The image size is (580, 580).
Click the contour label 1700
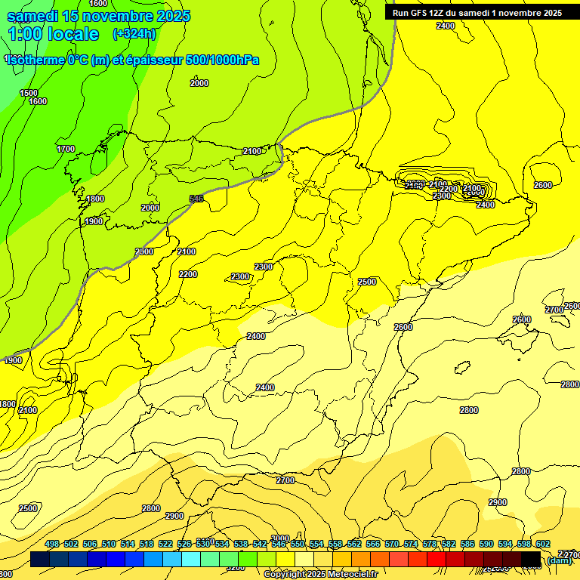tap(66, 149)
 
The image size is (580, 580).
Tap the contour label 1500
tap(29, 93)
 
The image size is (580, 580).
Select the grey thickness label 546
tap(196, 199)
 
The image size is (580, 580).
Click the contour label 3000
tap(280, 538)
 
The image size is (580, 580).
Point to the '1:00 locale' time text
tap(53, 34)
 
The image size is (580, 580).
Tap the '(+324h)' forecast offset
tap(134, 34)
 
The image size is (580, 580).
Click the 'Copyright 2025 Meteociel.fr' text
tap(320, 575)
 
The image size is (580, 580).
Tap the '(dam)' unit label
tap(559, 560)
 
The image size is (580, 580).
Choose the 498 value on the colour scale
tap(52, 545)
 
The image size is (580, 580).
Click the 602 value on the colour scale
tap(542, 545)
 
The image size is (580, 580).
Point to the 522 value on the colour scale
tap(165, 545)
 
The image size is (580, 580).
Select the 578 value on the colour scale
tap(430, 545)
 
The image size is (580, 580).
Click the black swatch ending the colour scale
tap(531, 560)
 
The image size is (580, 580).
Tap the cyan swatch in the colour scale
tap(191, 560)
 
